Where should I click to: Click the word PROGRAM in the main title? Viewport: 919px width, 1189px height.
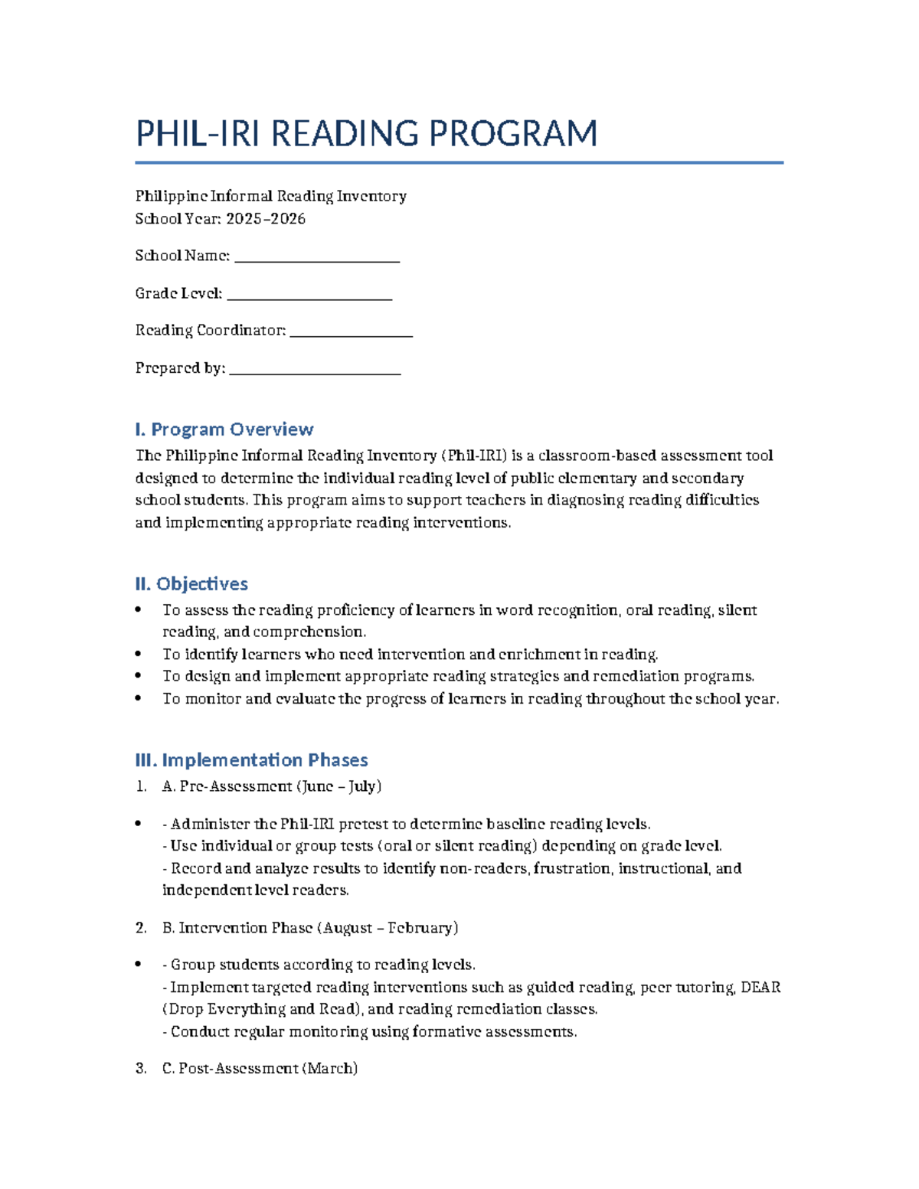point(512,134)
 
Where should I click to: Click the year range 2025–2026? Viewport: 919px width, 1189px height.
point(266,219)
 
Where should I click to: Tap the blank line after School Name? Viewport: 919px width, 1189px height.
point(317,258)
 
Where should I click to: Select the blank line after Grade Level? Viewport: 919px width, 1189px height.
point(309,296)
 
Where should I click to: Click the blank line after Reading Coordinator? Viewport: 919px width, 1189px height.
point(352,332)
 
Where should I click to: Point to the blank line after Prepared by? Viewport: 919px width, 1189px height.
point(315,371)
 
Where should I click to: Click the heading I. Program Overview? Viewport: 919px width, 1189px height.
point(224,429)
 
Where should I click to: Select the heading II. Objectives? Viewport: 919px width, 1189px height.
point(191,584)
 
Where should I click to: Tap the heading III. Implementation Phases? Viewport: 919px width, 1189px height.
point(251,760)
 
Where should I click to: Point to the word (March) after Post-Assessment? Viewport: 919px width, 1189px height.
point(330,1069)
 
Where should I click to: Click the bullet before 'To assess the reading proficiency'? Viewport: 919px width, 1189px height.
point(138,610)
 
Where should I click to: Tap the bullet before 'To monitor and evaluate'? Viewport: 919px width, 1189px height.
point(138,698)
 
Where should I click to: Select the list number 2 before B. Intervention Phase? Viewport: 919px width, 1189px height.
point(140,928)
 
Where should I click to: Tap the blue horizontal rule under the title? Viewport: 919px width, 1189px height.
point(459,162)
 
